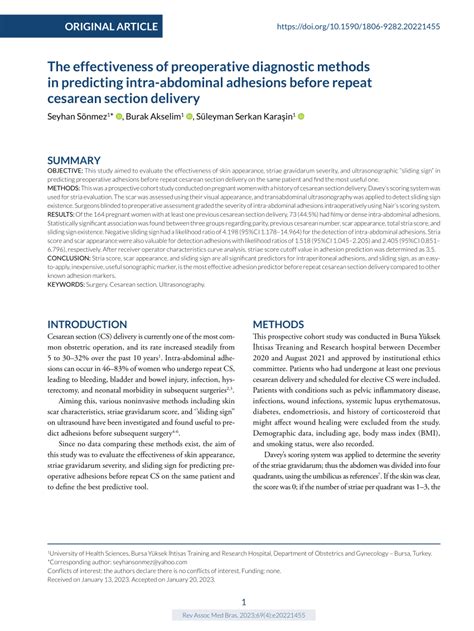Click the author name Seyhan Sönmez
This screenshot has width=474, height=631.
pos(79,117)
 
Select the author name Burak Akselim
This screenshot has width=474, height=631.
pos(175,117)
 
